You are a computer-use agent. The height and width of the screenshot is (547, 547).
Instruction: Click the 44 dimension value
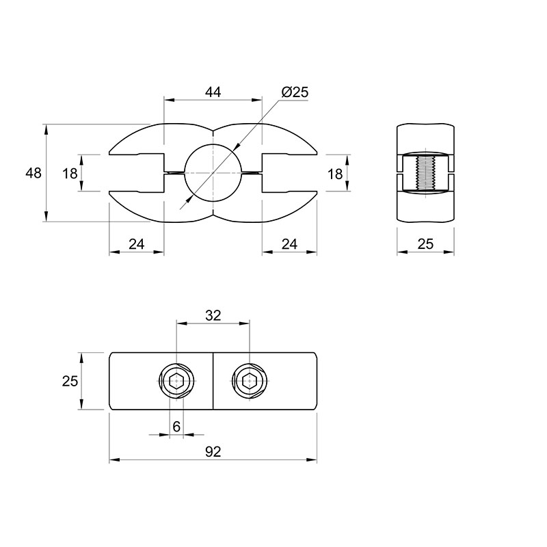coord(213,92)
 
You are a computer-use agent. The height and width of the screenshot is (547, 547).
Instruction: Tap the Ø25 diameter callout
coord(295,92)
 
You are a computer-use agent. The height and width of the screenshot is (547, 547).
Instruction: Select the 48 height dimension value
coord(34,173)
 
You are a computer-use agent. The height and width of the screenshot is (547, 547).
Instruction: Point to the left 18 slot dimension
coord(70,174)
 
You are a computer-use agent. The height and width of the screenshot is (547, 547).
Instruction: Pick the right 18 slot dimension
coord(335,174)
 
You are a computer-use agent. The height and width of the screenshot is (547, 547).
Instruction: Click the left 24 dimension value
coord(136,244)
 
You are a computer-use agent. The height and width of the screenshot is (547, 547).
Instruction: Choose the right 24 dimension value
coord(289,244)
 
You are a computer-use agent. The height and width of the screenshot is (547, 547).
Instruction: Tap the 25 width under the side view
coord(425,244)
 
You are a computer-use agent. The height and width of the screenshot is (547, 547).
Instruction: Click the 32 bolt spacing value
coord(213,315)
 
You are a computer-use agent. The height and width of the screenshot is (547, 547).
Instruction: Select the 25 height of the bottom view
coord(70,382)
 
